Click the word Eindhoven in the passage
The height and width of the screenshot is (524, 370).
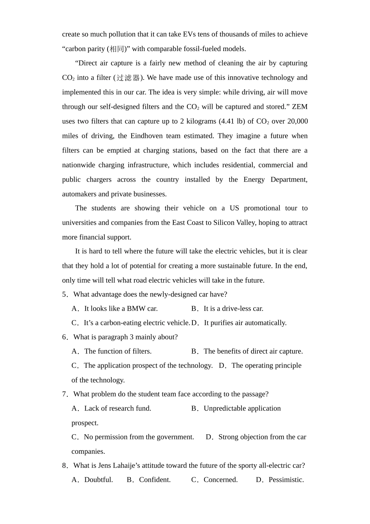pyautogui.click(x=146, y=136)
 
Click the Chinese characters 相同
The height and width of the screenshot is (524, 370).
pyautogui.click(x=117, y=49)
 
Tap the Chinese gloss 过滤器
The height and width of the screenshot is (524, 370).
pyautogui.click(x=128, y=78)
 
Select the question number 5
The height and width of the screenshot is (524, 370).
pyautogui.click(x=65, y=294)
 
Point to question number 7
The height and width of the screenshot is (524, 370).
pyautogui.click(x=65, y=394)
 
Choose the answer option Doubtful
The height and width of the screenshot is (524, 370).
pyautogui.click(x=99, y=480)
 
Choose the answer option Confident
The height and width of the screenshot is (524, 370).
pyautogui.click(x=155, y=480)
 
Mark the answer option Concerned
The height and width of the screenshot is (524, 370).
pyautogui.click(x=220, y=480)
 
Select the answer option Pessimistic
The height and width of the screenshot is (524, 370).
pyautogui.click(x=286, y=480)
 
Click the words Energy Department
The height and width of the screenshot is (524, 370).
pyautogui.click(x=275, y=179)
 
